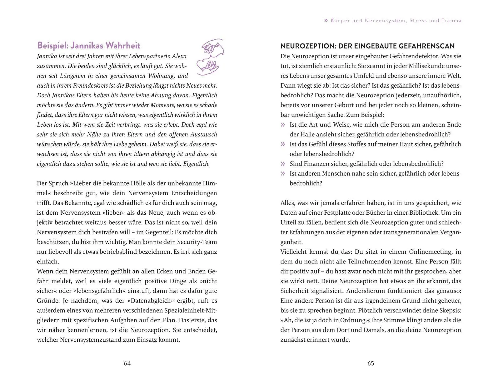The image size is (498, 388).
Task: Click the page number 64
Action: (127, 363)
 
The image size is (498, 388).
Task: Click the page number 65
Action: (371, 363)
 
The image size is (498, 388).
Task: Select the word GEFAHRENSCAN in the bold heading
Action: (427, 46)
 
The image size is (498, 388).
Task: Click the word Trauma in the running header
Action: (451, 21)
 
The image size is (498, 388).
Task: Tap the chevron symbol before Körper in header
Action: (326, 21)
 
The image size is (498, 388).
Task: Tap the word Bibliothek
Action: (430, 212)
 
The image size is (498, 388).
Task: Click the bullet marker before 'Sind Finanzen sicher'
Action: (283, 164)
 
